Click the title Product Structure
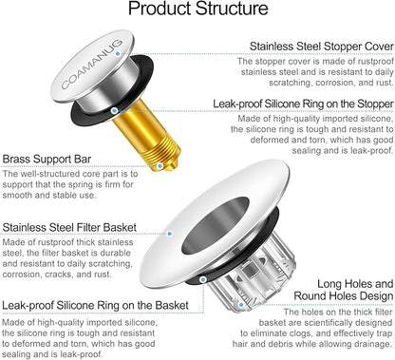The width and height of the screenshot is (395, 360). (x=197, y=11)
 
